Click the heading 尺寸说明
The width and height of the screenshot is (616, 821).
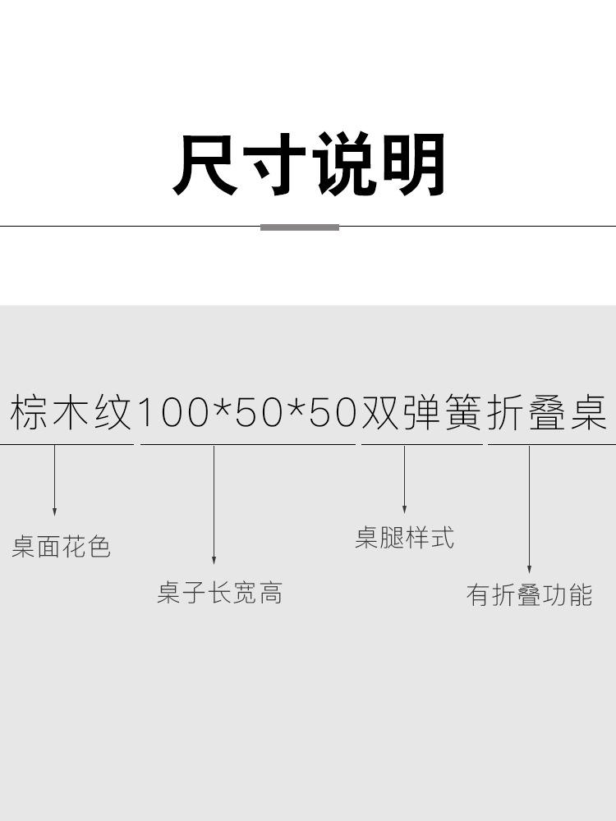pyautogui.click(x=309, y=165)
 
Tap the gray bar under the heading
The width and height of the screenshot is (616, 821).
pyautogui.click(x=300, y=227)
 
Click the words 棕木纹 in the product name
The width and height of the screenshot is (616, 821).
pyautogui.click(x=71, y=412)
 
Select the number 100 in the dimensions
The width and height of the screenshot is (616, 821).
pyautogui.click(x=173, y=413)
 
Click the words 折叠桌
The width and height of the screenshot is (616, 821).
pyautogui.click(x=547, y=412)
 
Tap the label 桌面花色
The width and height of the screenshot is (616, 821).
pyautogui.click(x=61, y=547)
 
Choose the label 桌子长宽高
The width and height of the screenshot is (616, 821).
pyautogui.click(x=219, y=593)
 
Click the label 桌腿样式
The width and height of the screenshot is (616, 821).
pyautogui.click(x=404, y=538)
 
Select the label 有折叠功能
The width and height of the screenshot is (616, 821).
pyautogui.click(x=529, y=594)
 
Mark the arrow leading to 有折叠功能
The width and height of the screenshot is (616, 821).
pyautogui.click(x=529, y=509)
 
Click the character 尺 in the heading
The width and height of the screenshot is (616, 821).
pyautogui.click(x=205, y=165)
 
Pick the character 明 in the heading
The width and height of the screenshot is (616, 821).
pyautogui.click(x=414, y=165)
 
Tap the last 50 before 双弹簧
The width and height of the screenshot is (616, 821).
pyautogui.click(x=333, y=413)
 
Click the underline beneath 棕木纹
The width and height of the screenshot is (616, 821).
pyautogui.click(x=67, y=444)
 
